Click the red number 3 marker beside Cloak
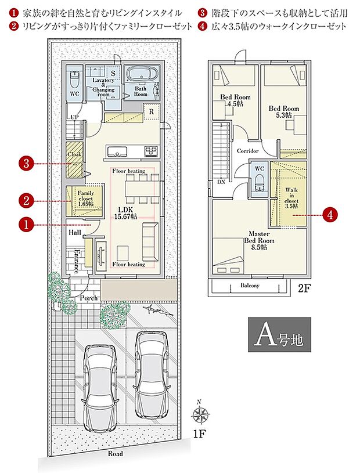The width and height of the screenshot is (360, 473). point(26,164)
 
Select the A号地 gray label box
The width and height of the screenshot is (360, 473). point(279,334)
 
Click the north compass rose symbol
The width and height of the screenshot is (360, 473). point(201,415)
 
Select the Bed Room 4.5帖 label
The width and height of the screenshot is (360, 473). point(235,100)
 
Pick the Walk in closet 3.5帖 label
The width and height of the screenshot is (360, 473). point(291,197)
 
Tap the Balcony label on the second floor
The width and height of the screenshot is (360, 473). point(250,286)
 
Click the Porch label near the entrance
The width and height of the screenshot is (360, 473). point(88,298)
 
